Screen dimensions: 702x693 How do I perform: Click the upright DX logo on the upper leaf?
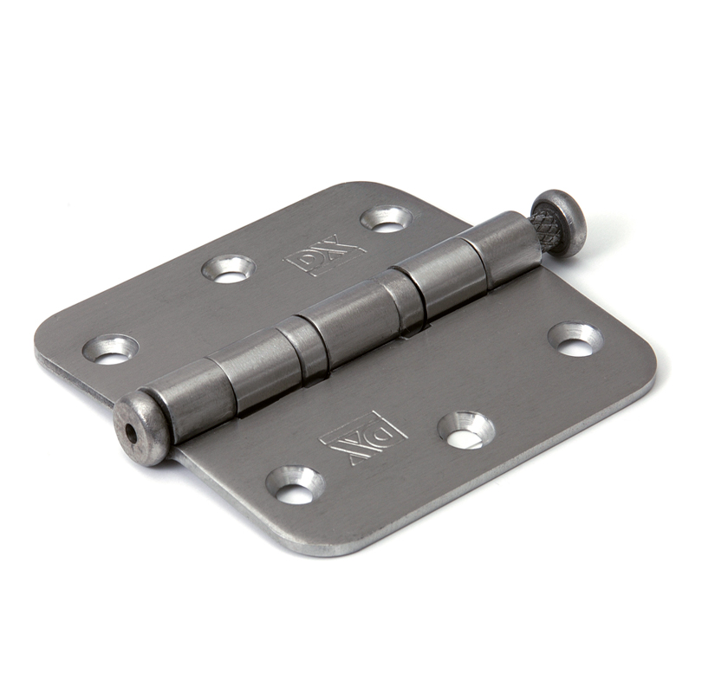(324, 254)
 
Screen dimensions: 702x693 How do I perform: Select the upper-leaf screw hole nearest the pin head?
(387, 219)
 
